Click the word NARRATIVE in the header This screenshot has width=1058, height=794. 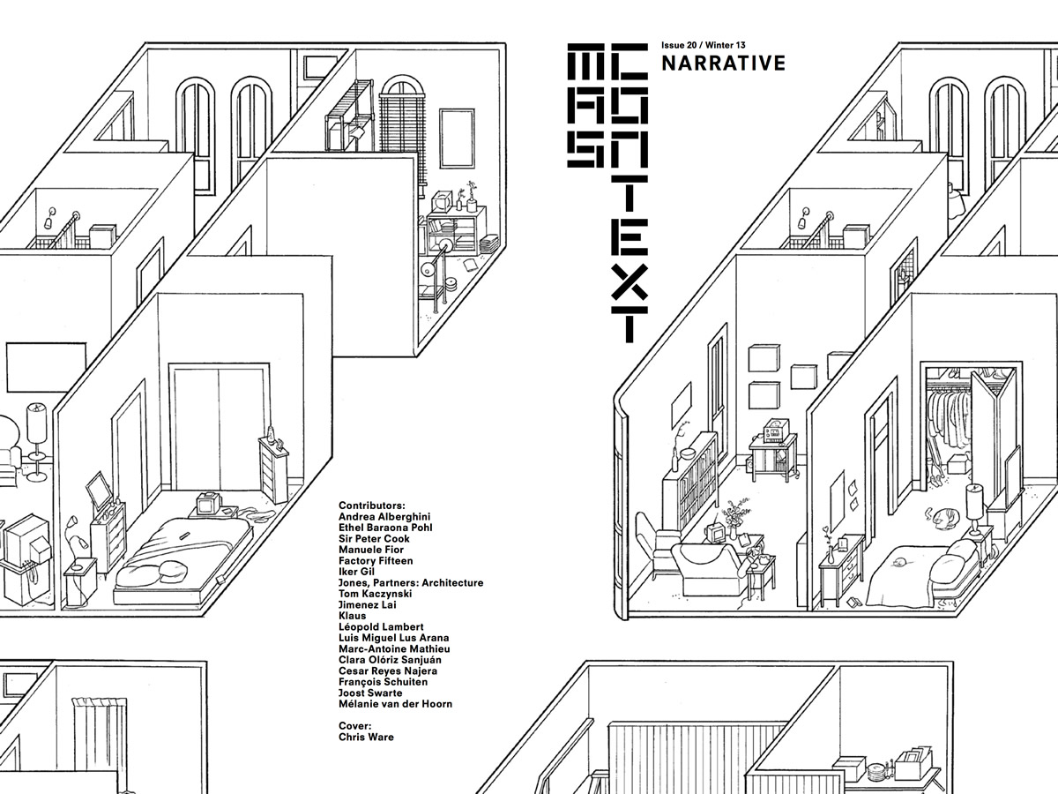[724, 64]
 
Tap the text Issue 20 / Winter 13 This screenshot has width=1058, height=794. [704, 45]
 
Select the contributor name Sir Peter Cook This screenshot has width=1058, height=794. [374, 538]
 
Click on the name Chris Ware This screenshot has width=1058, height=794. [366, 737]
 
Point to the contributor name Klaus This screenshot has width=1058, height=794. [353, 616]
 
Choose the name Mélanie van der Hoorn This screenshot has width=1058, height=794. [395, 704]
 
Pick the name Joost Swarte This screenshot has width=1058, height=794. [370, 693]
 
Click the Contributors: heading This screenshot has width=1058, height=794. [372, 506]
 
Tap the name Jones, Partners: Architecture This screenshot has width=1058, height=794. [411, 583]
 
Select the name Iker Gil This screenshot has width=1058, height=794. [356, 572]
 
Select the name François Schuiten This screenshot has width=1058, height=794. [383, 682]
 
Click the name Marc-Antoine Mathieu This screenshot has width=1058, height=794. [394, 649]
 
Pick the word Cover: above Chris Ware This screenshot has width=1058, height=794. [354, 725]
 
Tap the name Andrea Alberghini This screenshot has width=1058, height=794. [384, 516]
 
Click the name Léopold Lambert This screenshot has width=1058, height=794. [381, 626]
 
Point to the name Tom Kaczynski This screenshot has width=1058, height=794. [375, 594]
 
